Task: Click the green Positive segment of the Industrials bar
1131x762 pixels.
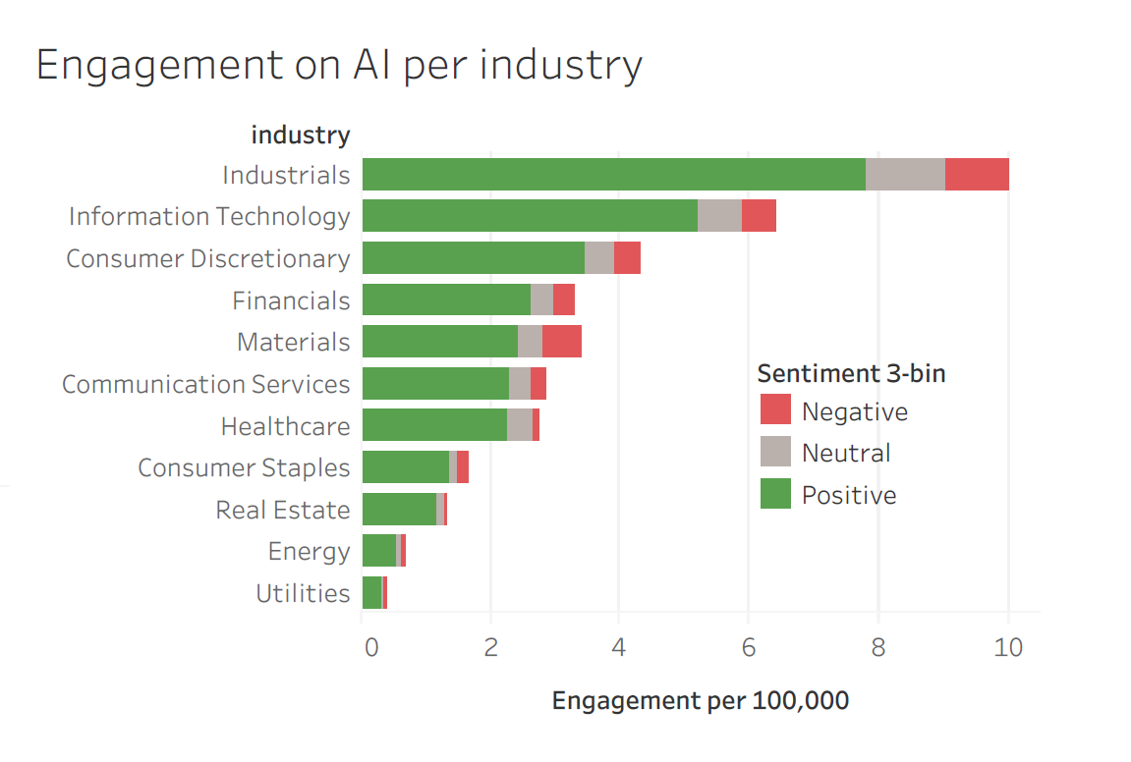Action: [613, 174]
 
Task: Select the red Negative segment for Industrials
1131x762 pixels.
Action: [977, 174]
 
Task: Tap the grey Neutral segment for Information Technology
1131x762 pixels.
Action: [719, 216]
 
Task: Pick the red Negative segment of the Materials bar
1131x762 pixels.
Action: [561, 342]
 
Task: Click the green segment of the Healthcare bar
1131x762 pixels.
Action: [434, 426]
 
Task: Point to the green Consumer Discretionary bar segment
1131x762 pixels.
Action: [473, 258]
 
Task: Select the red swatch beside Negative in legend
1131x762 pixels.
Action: [775, 410]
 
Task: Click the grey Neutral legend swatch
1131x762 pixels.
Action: [775, 452]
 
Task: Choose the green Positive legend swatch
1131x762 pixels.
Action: [775, 494]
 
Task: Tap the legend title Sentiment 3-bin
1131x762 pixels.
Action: [851, 373]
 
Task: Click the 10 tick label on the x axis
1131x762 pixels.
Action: [1008, 648]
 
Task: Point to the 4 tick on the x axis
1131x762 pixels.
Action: [618, 648]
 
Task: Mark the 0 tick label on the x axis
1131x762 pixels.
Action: [370, 648]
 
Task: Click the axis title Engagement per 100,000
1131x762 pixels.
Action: [700, 701]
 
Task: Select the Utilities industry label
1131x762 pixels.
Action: [303, 593]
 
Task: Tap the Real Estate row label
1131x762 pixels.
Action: [282, 511]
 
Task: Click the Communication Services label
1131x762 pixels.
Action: [205, 384]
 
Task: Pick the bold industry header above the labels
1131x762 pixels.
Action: [301, 135]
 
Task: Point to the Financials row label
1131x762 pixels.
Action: [291, 300]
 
